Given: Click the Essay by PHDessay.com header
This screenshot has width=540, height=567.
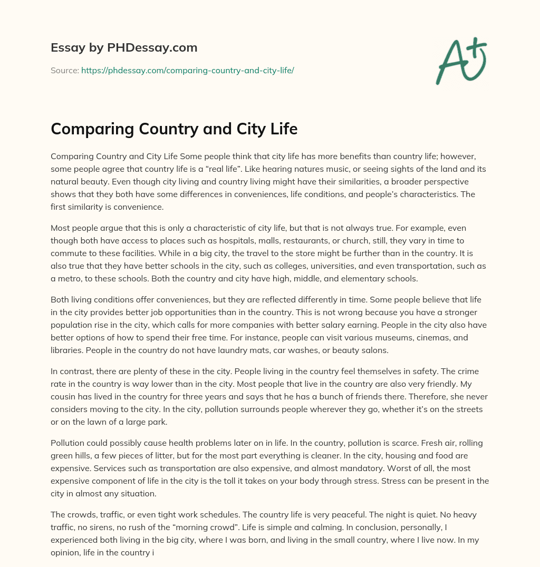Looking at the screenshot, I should click(x=124, y=48).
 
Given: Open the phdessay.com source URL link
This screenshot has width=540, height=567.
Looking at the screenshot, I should click(x=187, y=70).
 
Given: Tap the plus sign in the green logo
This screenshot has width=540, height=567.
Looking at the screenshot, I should click(x=477, y=46).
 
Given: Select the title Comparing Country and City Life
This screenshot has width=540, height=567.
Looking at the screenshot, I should click(x=174, y=129).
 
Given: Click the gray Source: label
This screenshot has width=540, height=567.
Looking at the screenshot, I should click(x=64, y=70).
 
